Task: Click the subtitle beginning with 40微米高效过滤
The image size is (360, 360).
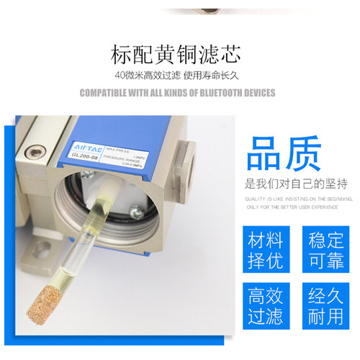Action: [x=180, y=75]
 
